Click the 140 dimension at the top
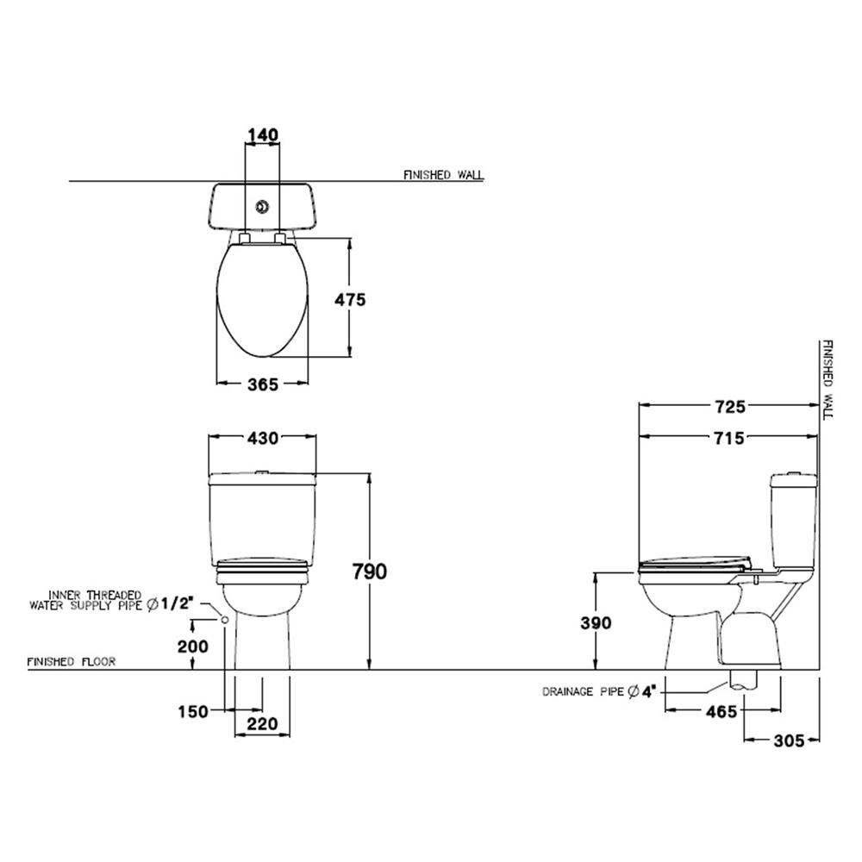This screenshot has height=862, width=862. click(262, 134)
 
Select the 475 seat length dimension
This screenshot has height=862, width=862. click(351, 299)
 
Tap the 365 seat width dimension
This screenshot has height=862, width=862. click(262, 385)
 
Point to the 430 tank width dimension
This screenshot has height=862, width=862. click(262, 438)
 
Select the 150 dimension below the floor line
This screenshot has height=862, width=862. click(194, 711)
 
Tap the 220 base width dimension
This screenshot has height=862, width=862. click(262, 725)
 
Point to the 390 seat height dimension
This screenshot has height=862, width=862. click(594, 622)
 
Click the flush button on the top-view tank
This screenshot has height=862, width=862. click(262, 207)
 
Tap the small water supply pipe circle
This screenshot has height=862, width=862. click(225, 620)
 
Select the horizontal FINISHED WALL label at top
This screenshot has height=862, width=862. click(443, 175)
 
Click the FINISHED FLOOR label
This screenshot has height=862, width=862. click(72, 662)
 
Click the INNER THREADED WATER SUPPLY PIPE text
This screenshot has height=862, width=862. click(95, 600)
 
